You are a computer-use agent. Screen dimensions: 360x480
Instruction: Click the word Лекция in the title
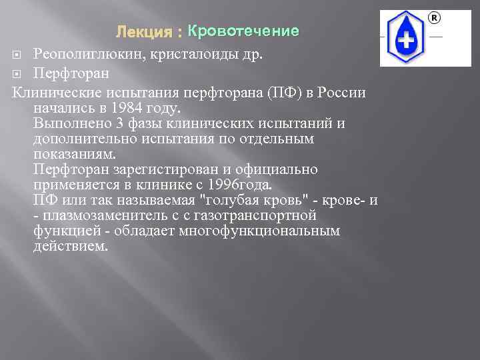[x=141, y=32]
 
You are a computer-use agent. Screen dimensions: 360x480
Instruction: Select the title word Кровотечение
[x=243, y=31]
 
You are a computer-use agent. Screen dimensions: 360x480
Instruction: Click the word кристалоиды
[x=200, y=54]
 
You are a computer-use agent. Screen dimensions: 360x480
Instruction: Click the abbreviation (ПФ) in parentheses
[x=283, y=92]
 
